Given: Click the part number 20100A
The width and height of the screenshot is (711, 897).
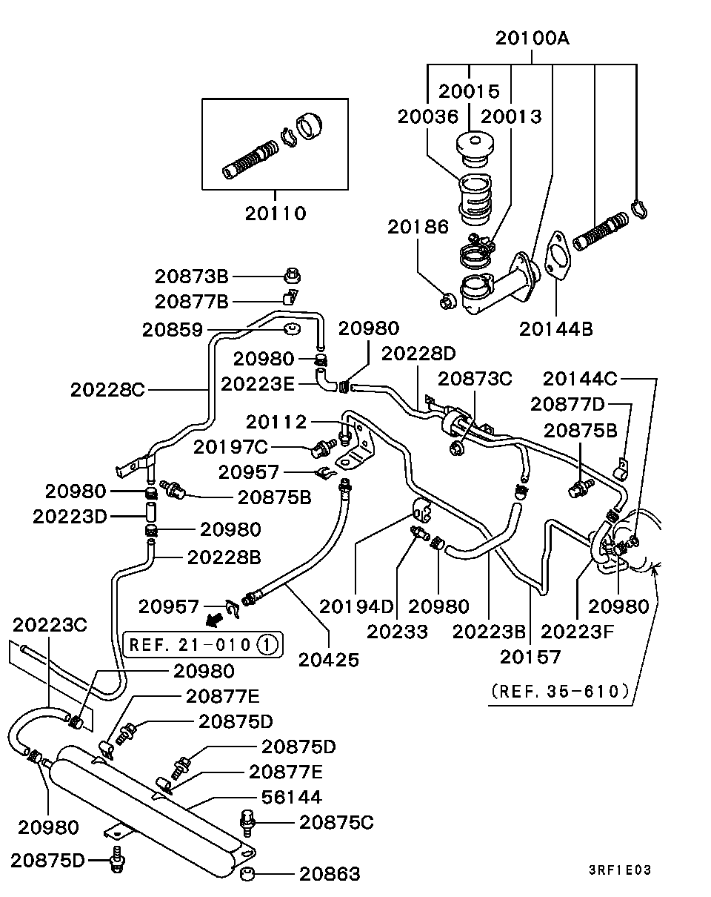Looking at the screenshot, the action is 532,39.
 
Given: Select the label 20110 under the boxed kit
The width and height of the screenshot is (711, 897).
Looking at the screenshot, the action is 276,214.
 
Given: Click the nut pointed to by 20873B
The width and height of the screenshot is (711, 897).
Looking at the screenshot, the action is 292,276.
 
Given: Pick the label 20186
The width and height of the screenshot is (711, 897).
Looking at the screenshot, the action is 418,227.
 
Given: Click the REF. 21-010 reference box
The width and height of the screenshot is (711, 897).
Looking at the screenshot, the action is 203,645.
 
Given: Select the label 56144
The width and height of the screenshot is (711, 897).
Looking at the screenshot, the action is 292,797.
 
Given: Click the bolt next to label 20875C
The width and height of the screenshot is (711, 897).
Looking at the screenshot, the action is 247,823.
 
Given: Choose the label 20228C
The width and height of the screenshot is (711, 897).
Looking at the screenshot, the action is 107,390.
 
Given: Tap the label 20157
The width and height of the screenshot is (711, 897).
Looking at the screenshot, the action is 530,657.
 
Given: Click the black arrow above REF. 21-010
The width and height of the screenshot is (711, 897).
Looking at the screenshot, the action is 215,621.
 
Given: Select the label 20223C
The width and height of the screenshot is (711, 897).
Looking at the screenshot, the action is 50,625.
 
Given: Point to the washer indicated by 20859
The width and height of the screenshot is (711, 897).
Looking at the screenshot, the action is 292,329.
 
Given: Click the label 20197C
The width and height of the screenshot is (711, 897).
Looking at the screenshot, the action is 230,447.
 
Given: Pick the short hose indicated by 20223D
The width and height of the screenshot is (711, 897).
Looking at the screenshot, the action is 151,512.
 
